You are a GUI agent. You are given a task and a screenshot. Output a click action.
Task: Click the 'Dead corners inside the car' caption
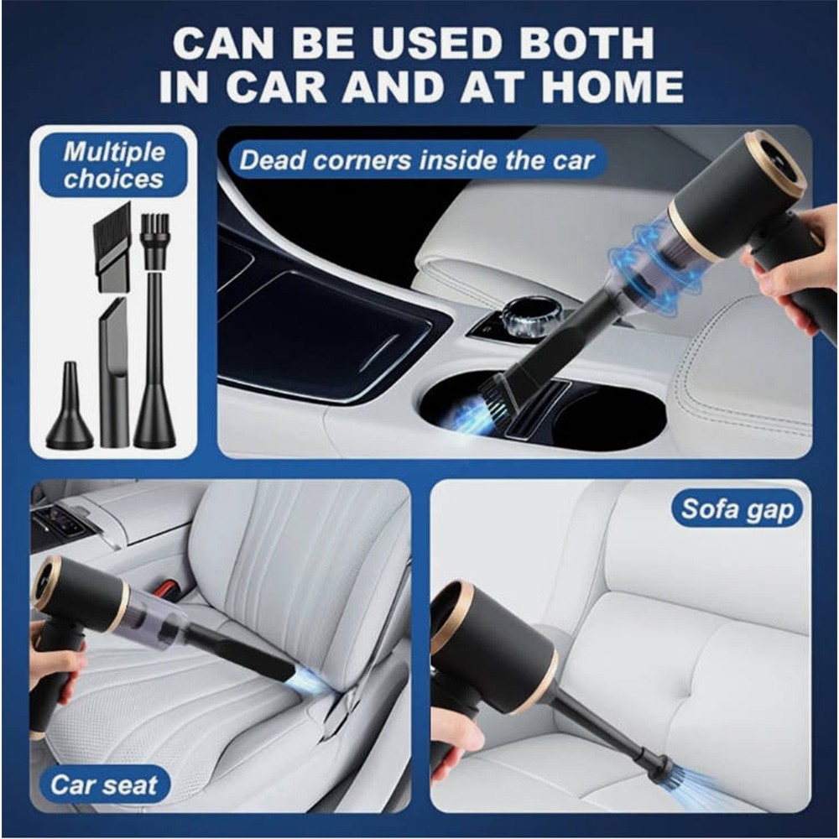point(417,159)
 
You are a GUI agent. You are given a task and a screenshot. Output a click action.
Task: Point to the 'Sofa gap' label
point(737,508)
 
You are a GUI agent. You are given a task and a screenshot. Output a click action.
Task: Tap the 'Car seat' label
point(105,785)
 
